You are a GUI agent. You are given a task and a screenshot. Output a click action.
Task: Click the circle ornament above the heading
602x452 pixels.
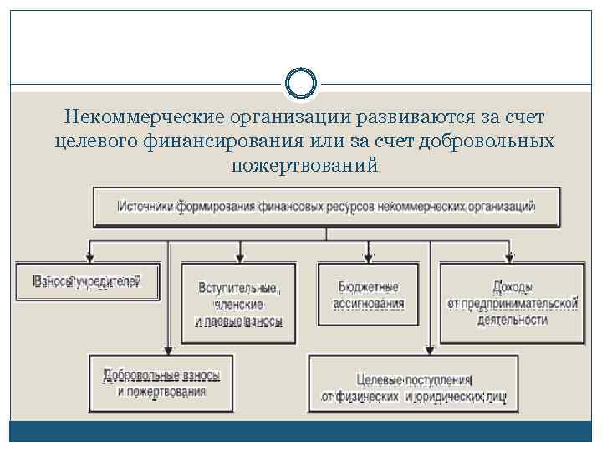click(301, 84)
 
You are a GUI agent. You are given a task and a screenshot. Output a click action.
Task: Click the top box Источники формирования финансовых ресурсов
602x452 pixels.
click(327, 206)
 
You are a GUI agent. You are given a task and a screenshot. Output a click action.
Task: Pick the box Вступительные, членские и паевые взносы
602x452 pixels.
click(239, 304)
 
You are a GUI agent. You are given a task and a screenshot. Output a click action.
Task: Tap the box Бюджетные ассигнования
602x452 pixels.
click(368, 295)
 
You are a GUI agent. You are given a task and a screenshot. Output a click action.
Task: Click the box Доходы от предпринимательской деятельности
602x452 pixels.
click(512, 303)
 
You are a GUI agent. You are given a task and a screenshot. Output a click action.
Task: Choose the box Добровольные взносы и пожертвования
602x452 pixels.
click(161, 383)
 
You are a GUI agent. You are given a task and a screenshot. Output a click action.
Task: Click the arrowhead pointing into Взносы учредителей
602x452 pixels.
click(88, 258)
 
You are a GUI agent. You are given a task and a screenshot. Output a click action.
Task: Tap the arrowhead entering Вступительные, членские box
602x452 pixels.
click(240, 258)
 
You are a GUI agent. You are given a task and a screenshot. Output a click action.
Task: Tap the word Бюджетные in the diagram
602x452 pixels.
click(368, 287)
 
